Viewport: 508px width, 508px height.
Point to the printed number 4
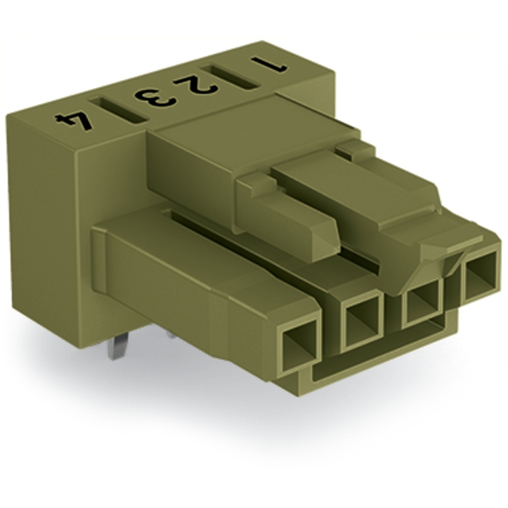point(74,120)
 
